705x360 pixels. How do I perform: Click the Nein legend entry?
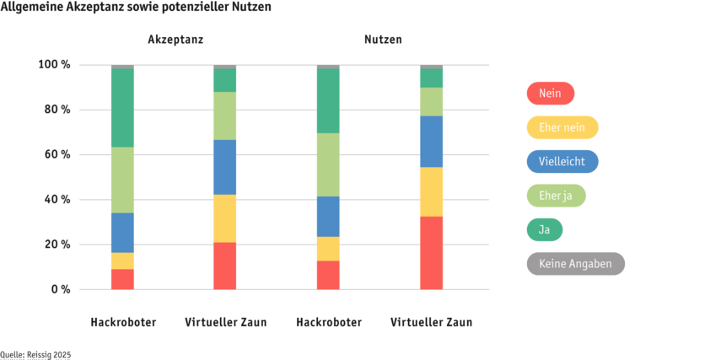tap(550, 93)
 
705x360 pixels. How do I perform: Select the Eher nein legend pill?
tap(562, 127)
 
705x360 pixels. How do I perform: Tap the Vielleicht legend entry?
tap(562, 162)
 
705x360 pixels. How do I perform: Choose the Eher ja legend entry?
tap(556, 196)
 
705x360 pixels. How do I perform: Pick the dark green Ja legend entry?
tap(544, 229)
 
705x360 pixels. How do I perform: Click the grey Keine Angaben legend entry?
tap(575, 264)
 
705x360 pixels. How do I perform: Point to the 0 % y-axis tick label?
tap(62, 290)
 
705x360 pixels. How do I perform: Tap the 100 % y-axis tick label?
tap(57, 65)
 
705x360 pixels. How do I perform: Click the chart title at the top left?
tap(136, 7)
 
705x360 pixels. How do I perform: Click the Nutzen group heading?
tap(383, 40)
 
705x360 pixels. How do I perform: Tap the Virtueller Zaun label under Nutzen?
tap(431, 322)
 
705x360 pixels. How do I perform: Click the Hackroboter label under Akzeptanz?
tap(123, 322)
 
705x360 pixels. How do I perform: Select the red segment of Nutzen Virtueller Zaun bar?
tap(431, 253)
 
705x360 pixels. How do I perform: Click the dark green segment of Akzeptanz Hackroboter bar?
tap(123, 107)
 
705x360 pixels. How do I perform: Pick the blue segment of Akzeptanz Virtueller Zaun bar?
tap(225, 167)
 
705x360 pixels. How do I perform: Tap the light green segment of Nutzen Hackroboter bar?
tap(328, 164)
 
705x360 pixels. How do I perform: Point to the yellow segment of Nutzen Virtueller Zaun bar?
tap(431, 191)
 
